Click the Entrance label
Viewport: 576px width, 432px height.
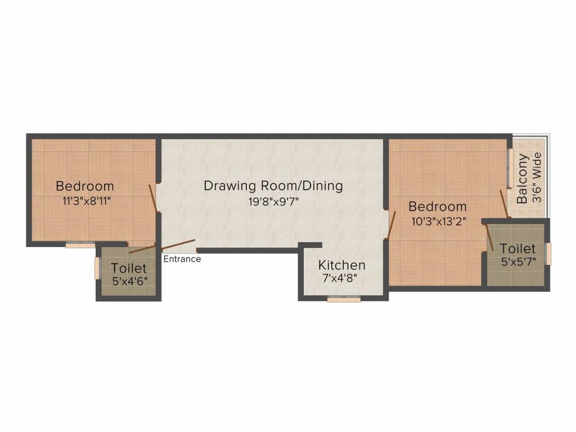point(182,259)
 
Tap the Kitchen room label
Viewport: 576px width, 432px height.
point(342,265)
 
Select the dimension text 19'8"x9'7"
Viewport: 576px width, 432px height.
point(273,201)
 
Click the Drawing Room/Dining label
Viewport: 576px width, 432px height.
point(273,186)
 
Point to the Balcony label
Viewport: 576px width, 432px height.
point(523,178)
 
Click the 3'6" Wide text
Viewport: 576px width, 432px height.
point(537,177)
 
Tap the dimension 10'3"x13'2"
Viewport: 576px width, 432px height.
point(438,221)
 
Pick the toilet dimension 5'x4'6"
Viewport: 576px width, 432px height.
point(129,282)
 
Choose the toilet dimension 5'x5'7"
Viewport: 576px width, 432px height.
point(518,262)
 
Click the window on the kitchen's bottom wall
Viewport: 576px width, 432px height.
point(344,300)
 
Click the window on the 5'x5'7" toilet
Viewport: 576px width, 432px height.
point(549,253)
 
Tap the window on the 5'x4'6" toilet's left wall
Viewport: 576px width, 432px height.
point(97,269)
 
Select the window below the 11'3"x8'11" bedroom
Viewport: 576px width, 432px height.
point(80,244)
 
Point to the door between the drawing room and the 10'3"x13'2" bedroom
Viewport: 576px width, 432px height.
point(392,226)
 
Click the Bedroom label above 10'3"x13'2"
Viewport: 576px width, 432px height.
point(438,206)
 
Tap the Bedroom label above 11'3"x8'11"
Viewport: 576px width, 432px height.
point(84,186)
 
